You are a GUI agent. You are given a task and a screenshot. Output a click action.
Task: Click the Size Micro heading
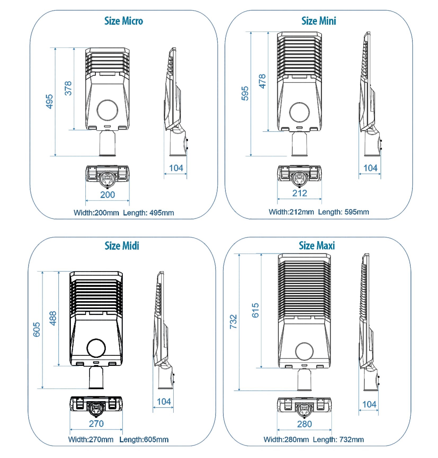(123, 21)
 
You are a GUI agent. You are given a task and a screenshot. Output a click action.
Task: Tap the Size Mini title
(319, 21)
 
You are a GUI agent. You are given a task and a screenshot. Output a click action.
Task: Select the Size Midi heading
(122, 246)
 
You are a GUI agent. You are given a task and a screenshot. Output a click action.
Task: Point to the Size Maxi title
(317, 246)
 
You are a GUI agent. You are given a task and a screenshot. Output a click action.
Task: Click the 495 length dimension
(50, 102)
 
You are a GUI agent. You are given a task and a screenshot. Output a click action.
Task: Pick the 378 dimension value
(68, 88)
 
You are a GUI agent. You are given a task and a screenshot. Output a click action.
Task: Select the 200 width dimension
(108, 195)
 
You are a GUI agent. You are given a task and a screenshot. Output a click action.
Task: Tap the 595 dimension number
(245, 93)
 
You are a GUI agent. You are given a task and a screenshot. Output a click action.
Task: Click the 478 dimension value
(262, 81)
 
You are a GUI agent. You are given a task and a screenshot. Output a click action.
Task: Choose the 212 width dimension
(300, 193)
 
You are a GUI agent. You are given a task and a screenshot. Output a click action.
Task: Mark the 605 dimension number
(37, 330)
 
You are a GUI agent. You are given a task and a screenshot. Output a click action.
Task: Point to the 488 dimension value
(53, 318)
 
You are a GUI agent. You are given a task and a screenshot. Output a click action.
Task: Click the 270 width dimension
(96, 424)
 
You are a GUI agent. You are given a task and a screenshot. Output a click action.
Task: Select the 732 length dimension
(233, 322)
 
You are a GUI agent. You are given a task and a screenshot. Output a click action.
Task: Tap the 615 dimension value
(255, 310)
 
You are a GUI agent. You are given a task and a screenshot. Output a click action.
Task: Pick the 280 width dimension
(304, 424)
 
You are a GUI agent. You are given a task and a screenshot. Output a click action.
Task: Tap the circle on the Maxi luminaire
(304, 351)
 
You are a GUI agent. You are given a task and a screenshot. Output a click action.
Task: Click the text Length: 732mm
(338, 440)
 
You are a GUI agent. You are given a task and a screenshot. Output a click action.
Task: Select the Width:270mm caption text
(91, 440)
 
